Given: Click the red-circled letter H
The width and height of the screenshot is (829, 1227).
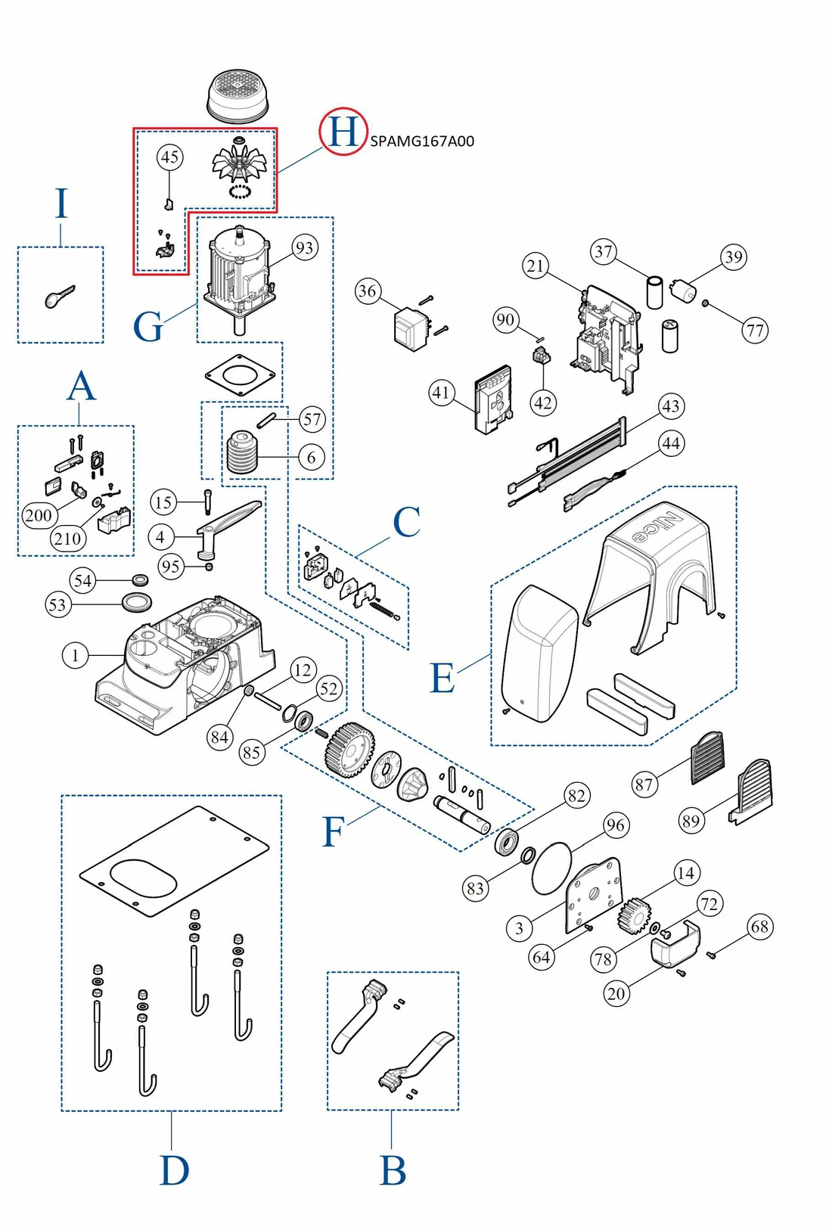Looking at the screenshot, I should pyautogui.click(x=343, y=132).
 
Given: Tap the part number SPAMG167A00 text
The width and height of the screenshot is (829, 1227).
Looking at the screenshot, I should pyautogui.click(x=422, y=141).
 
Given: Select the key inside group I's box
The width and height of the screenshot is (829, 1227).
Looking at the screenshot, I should pyautogui.click(x=59, y=297).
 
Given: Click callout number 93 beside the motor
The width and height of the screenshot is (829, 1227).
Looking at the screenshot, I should pyautogui.click(x=304, y=247).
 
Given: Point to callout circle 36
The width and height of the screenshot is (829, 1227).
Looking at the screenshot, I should pyautogui.click(x=368, y=291).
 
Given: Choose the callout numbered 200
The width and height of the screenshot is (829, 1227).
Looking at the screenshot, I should pyautogui.click(x=38, y=516).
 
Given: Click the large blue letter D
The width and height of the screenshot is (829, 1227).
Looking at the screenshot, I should pyautogui.click(x=174, y=1171).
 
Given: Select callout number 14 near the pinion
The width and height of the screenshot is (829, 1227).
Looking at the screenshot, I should pyautogui.click(x=685, y=873).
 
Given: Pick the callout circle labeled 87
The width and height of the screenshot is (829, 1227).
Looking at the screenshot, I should pyautogui.click(x=644, y=784).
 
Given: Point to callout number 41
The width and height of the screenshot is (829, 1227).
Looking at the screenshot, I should pyautogui.click(x=442, y=393).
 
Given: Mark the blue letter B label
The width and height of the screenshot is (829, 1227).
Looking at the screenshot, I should pyautogui.click(x=393, y=1171).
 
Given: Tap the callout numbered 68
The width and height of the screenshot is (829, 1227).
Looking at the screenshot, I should pyautogui.click(x=760, y=927).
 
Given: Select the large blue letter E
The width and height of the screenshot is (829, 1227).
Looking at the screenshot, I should pyautogui.click(x=442, y=679).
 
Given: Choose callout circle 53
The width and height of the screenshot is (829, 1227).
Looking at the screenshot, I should pyautogui.click(x=57, y=604).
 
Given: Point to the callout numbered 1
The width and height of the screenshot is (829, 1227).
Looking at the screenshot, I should pyautogui.click(x=75, y=655).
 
